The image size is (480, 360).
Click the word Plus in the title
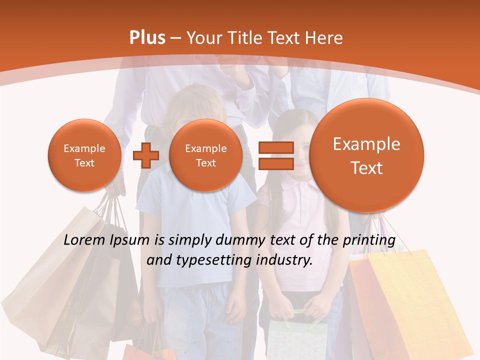[x=147, y=38]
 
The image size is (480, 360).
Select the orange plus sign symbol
[x=145, y=155]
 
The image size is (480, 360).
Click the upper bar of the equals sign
[x=275, y=147]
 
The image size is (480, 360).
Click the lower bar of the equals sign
[x=275, y=163]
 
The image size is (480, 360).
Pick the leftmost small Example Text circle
[x=84, y=155]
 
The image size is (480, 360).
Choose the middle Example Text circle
[x=205, y=155]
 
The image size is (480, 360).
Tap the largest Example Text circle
[x=366, y=155]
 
